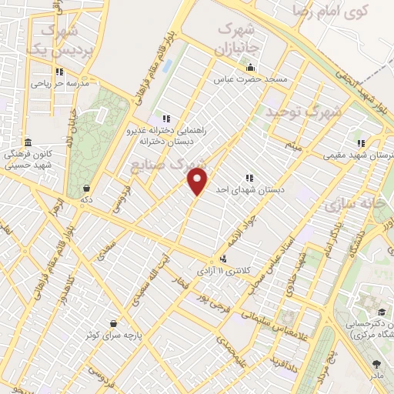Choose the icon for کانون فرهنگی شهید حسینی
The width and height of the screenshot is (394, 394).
[x=28, y=143]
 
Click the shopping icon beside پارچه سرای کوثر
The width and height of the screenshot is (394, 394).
[x=114, y=323]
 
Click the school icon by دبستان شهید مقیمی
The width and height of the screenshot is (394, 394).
[x=360, y=144]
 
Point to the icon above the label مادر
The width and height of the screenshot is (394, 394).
[x=376, y=364]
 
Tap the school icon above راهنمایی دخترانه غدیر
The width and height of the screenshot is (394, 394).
[x=167, y=118]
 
